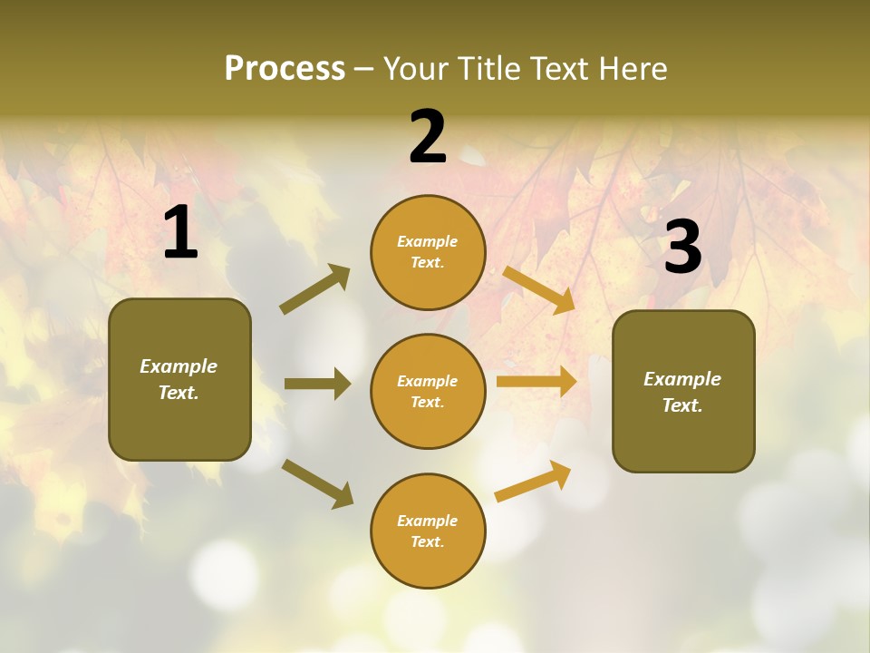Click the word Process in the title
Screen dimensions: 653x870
285,69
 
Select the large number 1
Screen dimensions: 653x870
180,233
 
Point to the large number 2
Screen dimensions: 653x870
428,137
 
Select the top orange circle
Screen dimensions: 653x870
428,252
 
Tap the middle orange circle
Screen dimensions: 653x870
428,391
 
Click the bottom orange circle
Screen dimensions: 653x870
428,531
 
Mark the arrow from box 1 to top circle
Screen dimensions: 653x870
315,289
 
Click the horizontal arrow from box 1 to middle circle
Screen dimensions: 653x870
317,384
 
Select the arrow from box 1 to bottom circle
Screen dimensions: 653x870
317,482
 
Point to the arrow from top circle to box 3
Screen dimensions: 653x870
538,288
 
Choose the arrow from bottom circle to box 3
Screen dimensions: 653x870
533,481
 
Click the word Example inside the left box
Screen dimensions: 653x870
179,366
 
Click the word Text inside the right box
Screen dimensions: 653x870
681,405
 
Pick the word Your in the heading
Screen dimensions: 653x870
415,69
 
